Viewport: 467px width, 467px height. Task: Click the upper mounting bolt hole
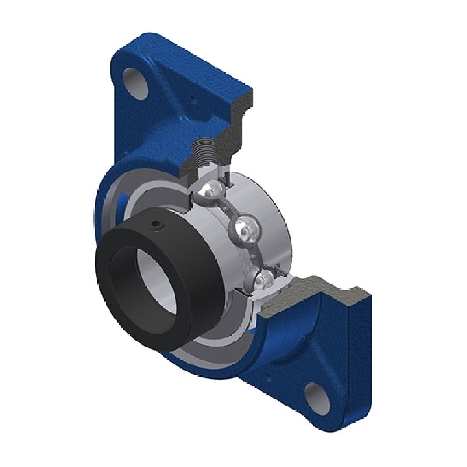click(134, 80)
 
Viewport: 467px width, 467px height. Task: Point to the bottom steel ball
click(261, 278)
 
